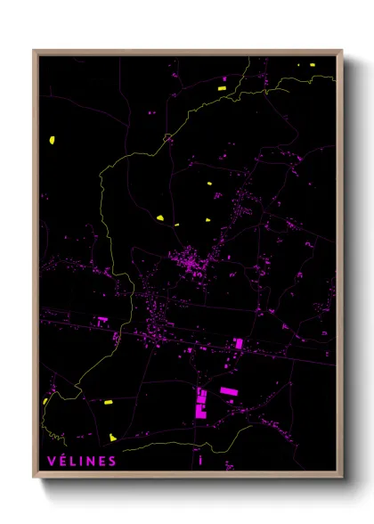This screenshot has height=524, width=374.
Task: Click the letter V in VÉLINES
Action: (x=46, y=461)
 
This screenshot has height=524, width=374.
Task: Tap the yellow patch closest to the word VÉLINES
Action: (x=113, y=437)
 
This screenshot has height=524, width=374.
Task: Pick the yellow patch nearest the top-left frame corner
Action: (x=53, y=140)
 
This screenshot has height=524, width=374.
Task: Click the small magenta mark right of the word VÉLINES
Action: (x=201, y=460)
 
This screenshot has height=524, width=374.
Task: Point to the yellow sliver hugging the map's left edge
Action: (x=45, y=400)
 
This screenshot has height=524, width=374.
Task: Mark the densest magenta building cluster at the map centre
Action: (x=190, y=263)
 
